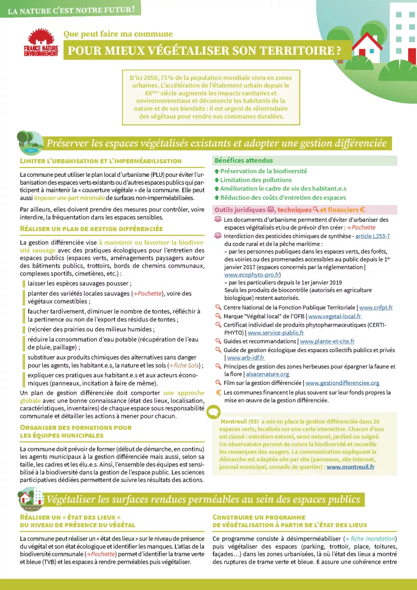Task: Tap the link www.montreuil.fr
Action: pos(350,467)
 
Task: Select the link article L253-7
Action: pos(372,236)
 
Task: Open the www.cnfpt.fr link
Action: pos(376,308)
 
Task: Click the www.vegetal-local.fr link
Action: pos(335,316)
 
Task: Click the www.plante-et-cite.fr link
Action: pos(327,341)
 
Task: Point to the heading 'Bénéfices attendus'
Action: pos(243,160)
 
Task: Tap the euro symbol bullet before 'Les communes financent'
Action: pos(219,392)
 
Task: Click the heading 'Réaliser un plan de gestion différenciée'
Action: pos(91,228)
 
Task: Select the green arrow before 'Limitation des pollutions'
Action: pos(217,180)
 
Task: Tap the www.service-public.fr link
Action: pos(276,332)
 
